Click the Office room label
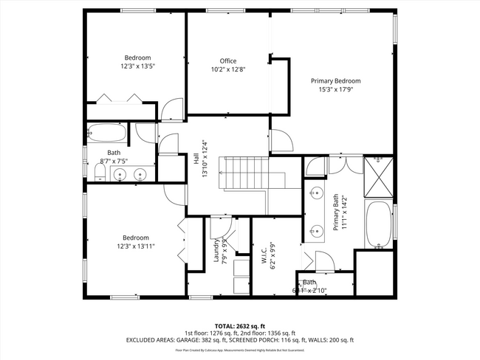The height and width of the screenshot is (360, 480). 227,60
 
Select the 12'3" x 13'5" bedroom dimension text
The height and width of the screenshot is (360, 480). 137,66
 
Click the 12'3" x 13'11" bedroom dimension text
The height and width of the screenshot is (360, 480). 137,246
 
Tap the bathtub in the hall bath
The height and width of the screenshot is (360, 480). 107,134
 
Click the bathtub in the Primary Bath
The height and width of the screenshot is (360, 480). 379,225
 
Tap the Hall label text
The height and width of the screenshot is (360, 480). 197,169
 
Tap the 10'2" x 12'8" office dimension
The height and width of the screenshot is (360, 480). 227,69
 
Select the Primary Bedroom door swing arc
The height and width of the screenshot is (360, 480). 281,140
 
